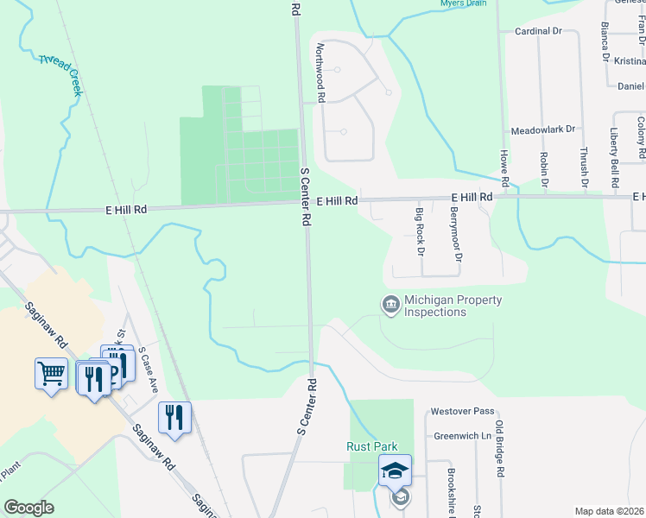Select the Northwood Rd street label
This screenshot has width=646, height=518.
(x=320, y=73)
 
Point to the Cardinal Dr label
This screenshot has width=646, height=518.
(x=538, y=31)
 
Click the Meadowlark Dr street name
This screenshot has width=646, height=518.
(x=543, y=129)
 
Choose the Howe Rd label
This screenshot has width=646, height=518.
(x=503, y=167)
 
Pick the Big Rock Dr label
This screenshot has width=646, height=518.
(x=420, y=231)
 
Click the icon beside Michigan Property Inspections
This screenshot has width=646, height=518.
(x=390, y=305)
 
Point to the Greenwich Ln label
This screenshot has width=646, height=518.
(x=462, y=436)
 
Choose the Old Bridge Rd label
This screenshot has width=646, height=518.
(x=500, y=450)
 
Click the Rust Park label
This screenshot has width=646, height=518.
(x=371, y=446)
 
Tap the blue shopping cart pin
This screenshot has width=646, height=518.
(x=51, y=375)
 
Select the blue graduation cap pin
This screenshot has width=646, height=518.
(x=395, y=471)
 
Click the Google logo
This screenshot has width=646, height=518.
(x=28, y=508)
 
